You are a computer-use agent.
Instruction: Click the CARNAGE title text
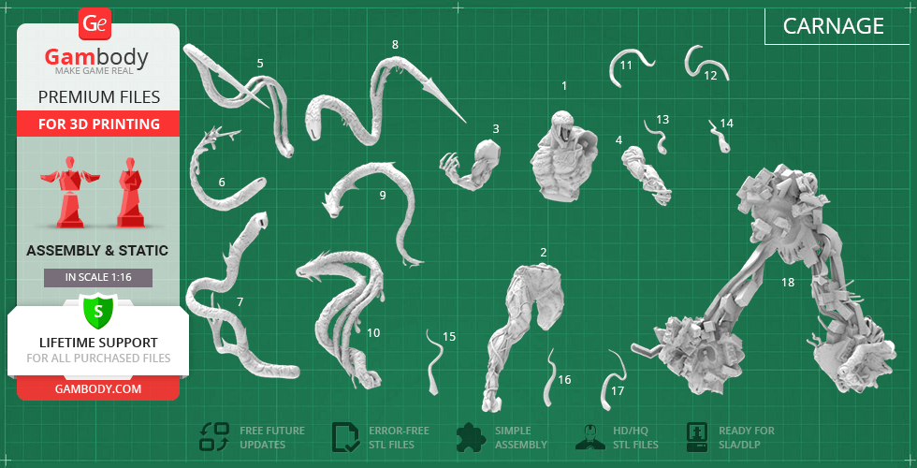tap(833, 26)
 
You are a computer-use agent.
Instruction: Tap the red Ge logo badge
tap(95, 24)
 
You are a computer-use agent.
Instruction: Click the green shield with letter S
tap(98, 312)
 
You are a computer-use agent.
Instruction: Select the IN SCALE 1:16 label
tap(98, 278)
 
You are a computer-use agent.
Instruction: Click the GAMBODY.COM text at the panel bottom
tap(98, 388)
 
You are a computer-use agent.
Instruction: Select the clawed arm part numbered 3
tap(473, 166)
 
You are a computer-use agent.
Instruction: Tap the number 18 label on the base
tap(788, 283)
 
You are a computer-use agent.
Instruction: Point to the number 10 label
tap(373, 333)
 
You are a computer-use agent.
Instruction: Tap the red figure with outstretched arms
tap(70, 192)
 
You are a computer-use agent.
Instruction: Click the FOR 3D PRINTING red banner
tap(98, 124)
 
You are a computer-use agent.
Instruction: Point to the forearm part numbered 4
tap(645, 175)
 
